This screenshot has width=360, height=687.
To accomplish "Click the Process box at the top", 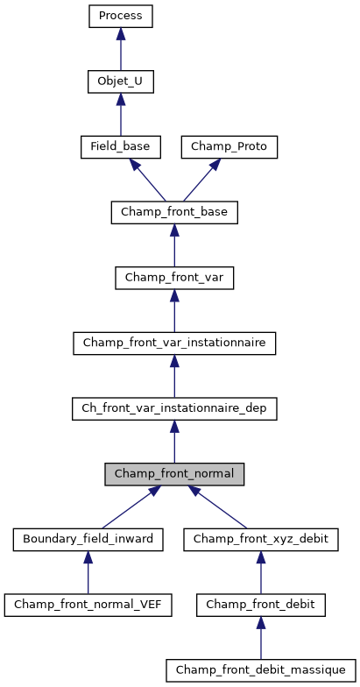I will [x=121, y=17].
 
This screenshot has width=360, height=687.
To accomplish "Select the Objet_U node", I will [x=121, y=82].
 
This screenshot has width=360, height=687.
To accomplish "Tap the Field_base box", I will [x=120, y=147].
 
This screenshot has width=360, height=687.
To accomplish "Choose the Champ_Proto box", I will [x=229, y=147].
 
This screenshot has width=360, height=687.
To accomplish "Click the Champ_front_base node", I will [x=174, y=212].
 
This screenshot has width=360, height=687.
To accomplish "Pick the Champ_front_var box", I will [x=174, y=278].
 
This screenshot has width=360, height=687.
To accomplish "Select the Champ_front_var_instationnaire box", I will [x=174, y=343].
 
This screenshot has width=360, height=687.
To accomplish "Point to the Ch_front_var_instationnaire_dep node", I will [x=174, y=408].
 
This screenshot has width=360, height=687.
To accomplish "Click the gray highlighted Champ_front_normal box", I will [x=174, y=474].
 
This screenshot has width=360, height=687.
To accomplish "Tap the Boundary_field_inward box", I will [x=88, y=539].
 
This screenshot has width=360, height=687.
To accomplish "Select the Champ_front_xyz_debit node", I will [x=260, y=539].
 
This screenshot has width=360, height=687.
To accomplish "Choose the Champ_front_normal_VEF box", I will [x=88, y=605].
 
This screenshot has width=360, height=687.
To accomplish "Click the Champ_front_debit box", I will [x=260, y=605].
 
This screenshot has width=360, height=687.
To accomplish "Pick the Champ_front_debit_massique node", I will [x=260, y=670].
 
